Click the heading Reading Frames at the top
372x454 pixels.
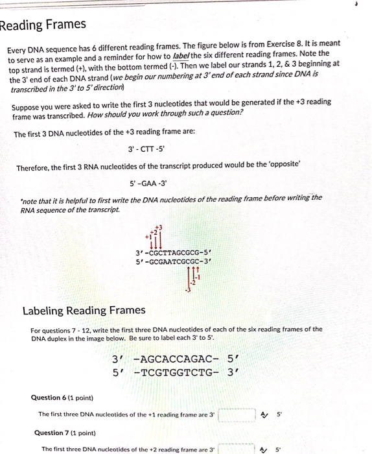[x=43, y=25]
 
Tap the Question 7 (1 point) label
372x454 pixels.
[x=64, y=433]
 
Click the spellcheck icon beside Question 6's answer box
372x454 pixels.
[x=264, y=414]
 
